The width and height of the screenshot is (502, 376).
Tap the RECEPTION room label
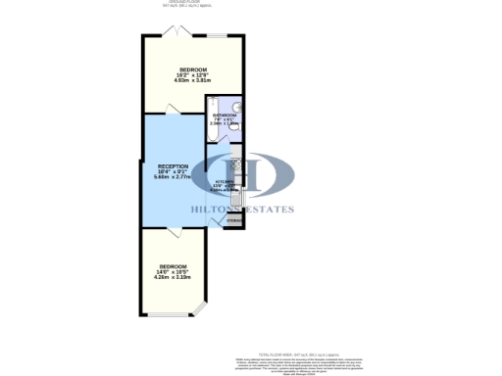coord(173,166)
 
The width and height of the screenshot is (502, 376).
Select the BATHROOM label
coord(225,115)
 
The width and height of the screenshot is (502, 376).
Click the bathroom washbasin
coord(237,107)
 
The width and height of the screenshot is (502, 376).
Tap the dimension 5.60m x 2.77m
coord(173,178)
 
